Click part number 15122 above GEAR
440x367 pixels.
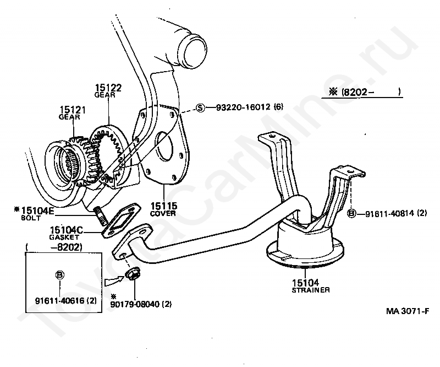[x=108, y=88]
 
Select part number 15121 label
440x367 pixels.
[x=70, y=110]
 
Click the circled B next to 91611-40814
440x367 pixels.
[x=351, y=213]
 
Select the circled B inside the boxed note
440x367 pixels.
[x=60, y=274]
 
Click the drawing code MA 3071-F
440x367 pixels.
[x=407, y=311]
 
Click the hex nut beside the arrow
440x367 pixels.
[x=133, y=273]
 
